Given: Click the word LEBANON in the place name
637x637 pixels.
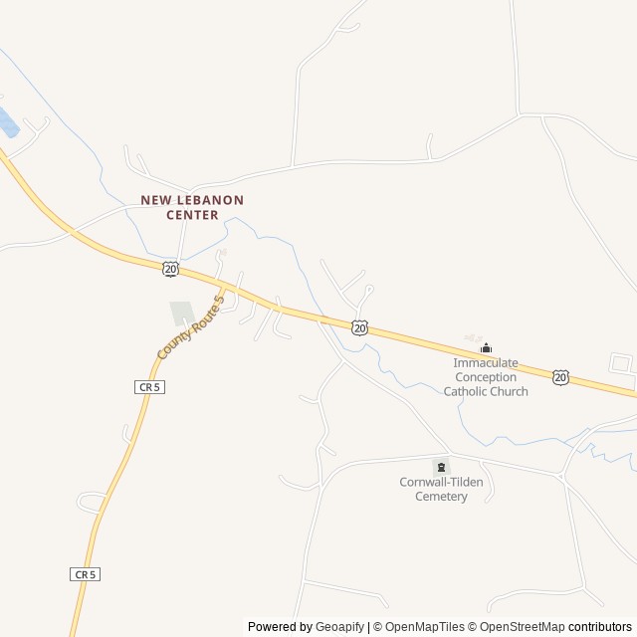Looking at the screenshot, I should [x=208, y=200].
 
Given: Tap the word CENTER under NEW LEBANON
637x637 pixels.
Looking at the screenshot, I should [x=192, y=214].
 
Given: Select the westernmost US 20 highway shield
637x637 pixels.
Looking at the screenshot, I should [x=171, y=269].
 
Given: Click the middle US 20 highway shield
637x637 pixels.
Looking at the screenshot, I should [x=359, y=326].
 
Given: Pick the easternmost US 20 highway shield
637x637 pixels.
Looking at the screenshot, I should [x=561, y=376].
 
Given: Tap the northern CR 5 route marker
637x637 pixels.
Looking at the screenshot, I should [x=149, y=385].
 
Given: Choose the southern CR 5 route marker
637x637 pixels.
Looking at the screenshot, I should [x=86, y=574].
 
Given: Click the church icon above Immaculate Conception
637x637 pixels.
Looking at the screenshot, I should [x=486, y=347].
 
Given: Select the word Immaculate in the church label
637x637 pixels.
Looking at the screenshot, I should [x=486, y=363].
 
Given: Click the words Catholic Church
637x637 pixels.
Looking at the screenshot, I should [x=486, y=391].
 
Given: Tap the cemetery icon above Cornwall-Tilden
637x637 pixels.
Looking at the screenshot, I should [x=441, y=467].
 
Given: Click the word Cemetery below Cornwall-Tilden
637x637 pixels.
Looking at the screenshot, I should [x=441, y=496].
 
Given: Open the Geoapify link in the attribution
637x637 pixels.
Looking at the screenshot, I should [x=340, y=627].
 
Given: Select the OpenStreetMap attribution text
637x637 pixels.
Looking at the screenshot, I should [x=518, y=627].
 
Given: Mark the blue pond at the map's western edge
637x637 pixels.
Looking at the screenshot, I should [x=6, y=122].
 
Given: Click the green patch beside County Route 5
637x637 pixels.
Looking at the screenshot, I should [x=181, y=314].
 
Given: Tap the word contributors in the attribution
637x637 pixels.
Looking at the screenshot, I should [x=600, y=627].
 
